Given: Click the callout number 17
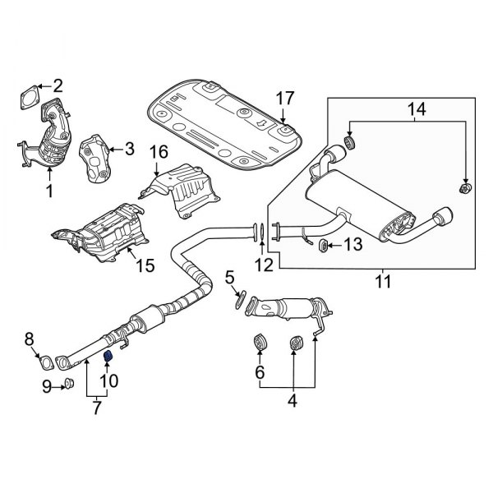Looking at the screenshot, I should [x=284, y=99].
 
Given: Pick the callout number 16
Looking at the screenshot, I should [x=158, y=150].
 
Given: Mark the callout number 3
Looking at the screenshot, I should [x=128, y=148].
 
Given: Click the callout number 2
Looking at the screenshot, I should [x=58, y=85].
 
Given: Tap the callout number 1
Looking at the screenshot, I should [x=48, y=191].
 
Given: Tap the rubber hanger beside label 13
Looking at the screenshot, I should [x=323, y=244].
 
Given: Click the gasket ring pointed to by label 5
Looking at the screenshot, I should [x=239, y=303].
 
